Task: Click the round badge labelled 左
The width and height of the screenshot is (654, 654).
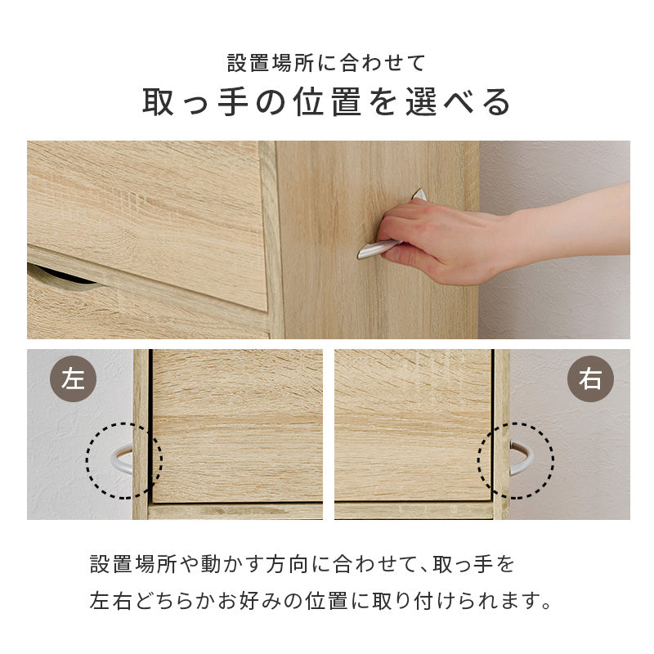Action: tap(73, 379)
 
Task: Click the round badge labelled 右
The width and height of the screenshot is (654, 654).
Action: tap(590, 379)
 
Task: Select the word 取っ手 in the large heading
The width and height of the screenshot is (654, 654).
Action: tap(195, 101)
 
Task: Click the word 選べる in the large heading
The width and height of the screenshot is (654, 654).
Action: tap(458, 101)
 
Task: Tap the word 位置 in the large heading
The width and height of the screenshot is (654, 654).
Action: tap(326, 101)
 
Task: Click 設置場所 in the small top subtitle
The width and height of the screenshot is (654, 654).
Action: tap(271, 63)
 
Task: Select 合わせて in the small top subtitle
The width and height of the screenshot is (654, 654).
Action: tap(383, 63)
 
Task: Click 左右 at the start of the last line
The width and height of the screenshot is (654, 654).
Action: tap(110, 601)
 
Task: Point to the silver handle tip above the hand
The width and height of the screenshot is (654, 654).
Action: tap(419, 194)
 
